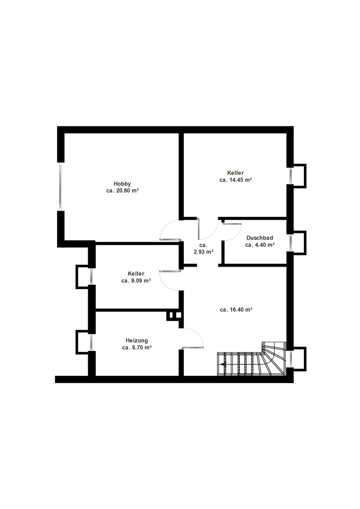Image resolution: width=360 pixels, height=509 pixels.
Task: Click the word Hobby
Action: tap(122, 184)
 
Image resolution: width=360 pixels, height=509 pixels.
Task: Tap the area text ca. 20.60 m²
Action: tap(123, 190)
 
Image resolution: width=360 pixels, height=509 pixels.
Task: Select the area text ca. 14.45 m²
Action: tap(236, 180)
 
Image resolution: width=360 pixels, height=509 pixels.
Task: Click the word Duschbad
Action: tap(260, 238)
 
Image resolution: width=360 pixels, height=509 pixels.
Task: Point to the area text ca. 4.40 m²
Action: tap(260, 245)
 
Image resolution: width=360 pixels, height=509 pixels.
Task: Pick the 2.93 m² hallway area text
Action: tap(203, 249)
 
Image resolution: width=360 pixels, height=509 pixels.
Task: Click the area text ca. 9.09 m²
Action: tap(136, 281)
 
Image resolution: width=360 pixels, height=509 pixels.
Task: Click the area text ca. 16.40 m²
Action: tap(236, 310)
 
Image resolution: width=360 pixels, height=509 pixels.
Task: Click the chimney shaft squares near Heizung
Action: tap(175, 316)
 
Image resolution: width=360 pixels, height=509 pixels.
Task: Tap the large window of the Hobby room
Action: tap(60, 186)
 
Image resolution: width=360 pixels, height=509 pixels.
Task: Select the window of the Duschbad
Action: tap(290, 243)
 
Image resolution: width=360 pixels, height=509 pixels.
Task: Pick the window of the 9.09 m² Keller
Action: tap(91, 277)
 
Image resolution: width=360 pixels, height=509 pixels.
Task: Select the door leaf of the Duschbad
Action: tap(232, 224)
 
